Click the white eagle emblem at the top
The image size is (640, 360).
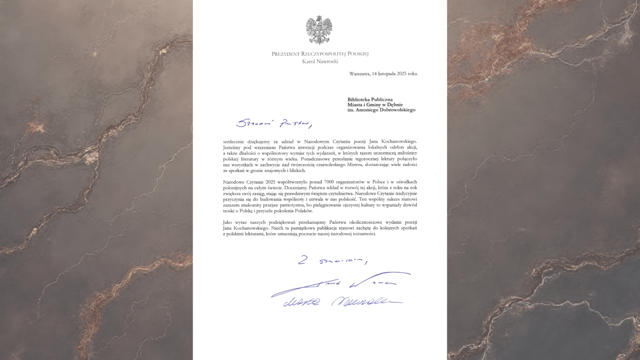click(x=319, y=30)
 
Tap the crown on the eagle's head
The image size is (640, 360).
click(x=319, y=18)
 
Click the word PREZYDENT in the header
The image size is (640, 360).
click(x=286, y=54)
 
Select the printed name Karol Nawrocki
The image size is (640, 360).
click(x=320, y=62)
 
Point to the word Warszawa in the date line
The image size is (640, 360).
click(x=359, y=74)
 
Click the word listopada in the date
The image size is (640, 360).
click(x=386, y=74)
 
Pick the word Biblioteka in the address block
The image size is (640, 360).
click(x=358, y=100)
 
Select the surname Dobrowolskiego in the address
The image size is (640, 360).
click(x=397, y=110)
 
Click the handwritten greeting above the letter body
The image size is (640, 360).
click(x=274, y=124)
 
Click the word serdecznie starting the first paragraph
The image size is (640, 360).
click(x=234, y=142)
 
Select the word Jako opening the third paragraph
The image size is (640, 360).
click(x=227, y=222)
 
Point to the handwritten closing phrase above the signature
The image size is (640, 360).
click(x=332, y=261)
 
